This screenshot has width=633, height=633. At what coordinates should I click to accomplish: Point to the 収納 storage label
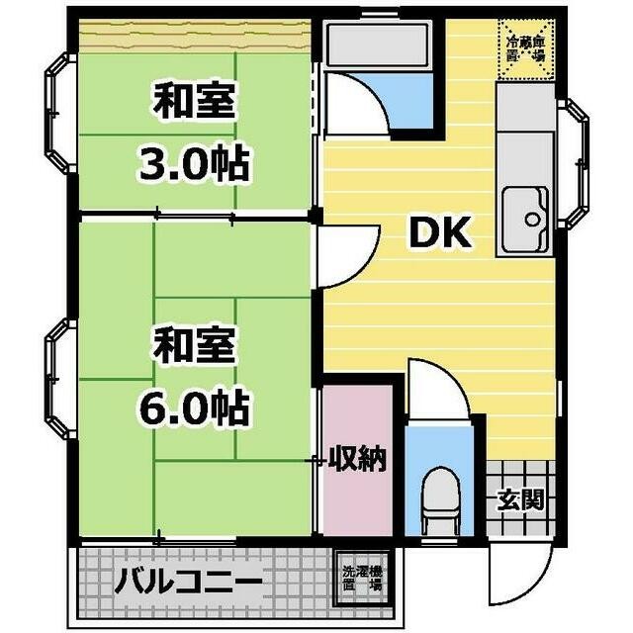click(358, 459)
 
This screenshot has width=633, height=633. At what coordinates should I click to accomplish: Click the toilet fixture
click(437, 499)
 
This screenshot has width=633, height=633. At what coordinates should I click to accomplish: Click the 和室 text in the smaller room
click(194, 102)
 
